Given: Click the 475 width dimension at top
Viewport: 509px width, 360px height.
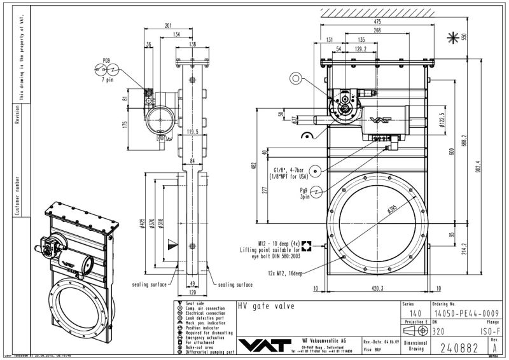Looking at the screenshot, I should [377, 22].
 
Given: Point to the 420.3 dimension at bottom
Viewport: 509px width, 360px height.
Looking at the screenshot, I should [379, 287].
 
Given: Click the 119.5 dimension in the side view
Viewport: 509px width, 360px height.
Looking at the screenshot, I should [193, 132].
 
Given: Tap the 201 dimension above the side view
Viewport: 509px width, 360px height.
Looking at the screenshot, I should [168, 26].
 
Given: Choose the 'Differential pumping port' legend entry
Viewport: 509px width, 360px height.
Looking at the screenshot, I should [210, 351].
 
